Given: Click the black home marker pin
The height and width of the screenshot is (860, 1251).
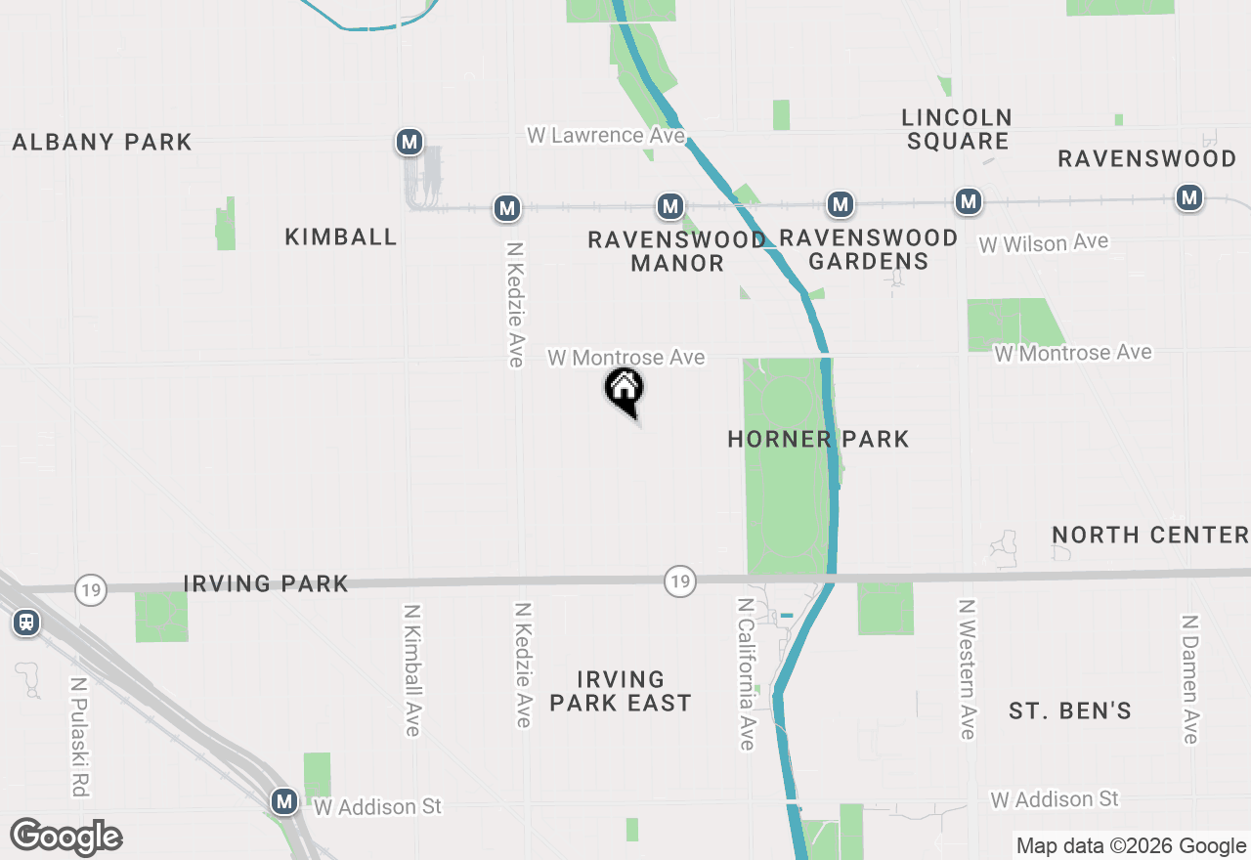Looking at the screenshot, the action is pos(624,390).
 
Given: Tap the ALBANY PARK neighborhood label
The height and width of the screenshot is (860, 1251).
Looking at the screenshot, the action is pos(103,143).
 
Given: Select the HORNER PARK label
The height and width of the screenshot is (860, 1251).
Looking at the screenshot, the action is pos(818,440).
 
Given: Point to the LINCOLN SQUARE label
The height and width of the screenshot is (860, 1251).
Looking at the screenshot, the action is pos(957,129).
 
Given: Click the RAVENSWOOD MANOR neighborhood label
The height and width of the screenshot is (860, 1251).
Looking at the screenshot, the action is pos(676,251).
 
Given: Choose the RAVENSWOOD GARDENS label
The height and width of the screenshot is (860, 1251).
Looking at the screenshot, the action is pos(868,249).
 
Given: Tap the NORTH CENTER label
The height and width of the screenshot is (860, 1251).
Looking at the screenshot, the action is pos(1149,535).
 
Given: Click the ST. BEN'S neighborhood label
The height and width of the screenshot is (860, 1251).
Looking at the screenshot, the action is pos(1070,710).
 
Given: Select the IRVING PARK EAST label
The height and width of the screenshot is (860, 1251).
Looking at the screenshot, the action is pos(620,691).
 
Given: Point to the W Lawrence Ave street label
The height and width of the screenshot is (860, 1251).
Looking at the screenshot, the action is pos(606,135).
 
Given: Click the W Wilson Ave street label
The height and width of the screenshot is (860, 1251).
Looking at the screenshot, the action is pos(1044,242).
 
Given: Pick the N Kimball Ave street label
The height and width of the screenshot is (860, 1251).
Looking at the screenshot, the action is pos(411,669).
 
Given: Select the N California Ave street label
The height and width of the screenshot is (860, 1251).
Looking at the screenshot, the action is pos(747,674).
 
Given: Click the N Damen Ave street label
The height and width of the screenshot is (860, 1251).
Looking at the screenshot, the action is pos(1189,679).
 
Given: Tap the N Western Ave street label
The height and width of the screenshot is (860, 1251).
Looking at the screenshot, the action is pos(968,669).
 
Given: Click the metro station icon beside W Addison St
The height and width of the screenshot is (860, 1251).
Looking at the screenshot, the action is pos(284,801).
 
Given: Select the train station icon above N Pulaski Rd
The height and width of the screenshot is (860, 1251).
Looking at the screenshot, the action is pos(26,622).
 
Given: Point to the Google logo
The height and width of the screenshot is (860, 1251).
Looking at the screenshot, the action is pos(65,838).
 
